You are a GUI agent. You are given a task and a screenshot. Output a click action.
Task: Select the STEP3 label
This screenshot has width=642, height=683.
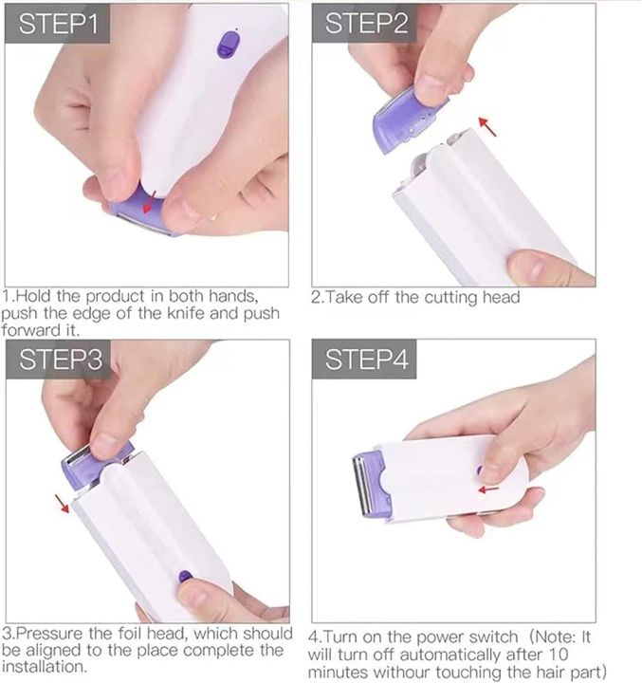pos(58,360)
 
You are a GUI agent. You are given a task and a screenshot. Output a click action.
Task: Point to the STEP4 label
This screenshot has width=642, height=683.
pos(367,360)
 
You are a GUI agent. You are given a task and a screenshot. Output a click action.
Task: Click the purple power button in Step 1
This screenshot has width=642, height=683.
pos(228,44)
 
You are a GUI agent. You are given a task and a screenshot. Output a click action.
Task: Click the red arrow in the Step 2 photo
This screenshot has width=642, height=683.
pos(486,125)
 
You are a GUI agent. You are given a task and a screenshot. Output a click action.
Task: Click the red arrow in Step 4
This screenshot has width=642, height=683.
pos(488,489)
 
